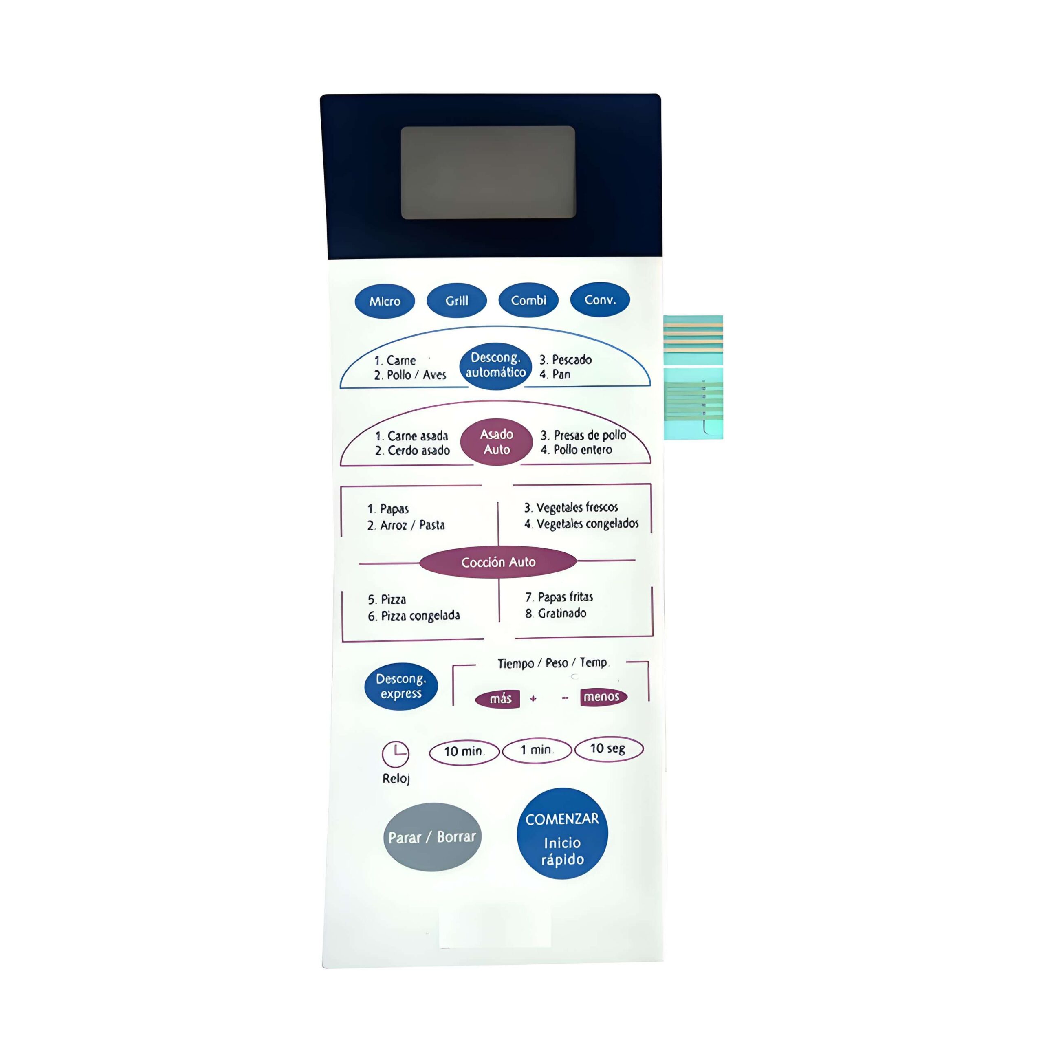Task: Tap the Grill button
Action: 456,300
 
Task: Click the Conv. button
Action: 600,299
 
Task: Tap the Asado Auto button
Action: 497,442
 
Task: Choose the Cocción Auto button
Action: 498,562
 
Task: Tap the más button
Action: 498,699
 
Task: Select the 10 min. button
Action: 464,751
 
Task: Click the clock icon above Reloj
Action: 396,754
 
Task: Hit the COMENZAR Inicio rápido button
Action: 562,834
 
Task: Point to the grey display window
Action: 488,172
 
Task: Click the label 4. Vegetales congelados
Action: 581,524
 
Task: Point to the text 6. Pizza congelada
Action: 414,616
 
